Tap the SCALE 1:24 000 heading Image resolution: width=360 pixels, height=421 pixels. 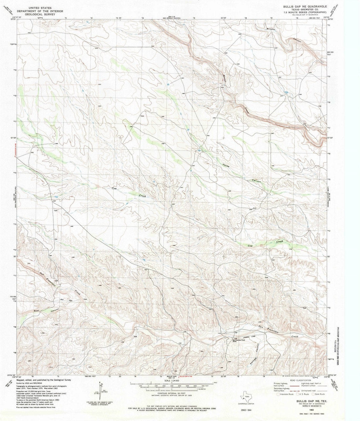pyautogui.click(x=173, y=380)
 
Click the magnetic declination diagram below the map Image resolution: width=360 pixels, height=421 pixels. pyautogui.click(x=99, y=390)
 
